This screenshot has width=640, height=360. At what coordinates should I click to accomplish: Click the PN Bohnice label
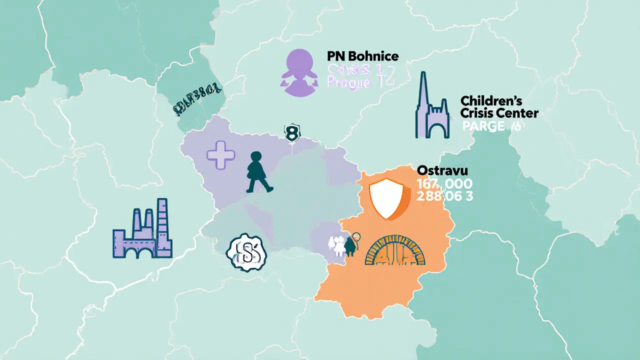(362, 56)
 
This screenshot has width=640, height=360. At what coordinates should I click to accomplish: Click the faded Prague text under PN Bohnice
(348, 82)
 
